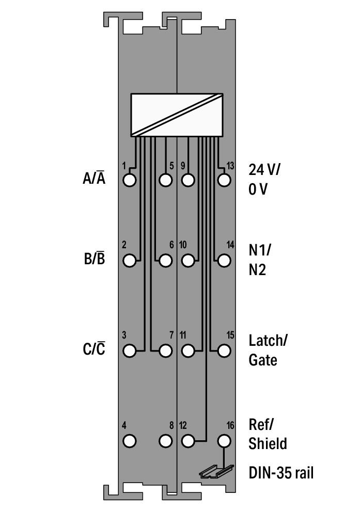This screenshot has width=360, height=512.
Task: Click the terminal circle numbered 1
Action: pyautogui.click(x=130, y=180)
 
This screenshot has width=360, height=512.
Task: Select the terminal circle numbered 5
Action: pyautogui.click(x=165, y=180)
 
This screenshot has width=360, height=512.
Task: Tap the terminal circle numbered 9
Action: pyautogui.click(x=188, y=180)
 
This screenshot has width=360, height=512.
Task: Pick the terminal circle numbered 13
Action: pyautogui.click(x=224, y=180)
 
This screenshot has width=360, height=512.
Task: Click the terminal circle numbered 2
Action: pyautogui.click(x=130, y=261)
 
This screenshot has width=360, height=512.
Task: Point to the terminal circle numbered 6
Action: pyautogui.click(x=165, y=261)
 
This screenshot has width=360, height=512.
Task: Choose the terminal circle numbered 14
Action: pyautogui.click(x=224, y=261)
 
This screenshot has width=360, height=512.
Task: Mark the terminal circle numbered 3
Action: pyautogui.click(x=130, y=350)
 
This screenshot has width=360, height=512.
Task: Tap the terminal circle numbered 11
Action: pyautogui.click(x=188, y=350)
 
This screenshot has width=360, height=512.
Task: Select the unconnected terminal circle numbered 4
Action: pyautogui.click(x=130, y=441)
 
